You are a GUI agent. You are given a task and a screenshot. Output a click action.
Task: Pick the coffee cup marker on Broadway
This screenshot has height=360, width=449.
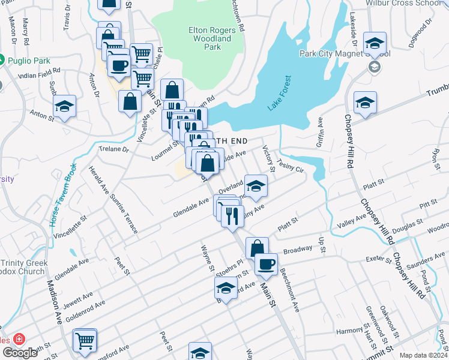click(x=266, y=263)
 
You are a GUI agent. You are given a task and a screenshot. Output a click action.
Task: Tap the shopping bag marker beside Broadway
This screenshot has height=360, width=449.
click(x=257, y=247)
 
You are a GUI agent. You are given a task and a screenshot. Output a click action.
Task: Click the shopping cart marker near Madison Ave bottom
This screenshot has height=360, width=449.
click(x=85, y=340)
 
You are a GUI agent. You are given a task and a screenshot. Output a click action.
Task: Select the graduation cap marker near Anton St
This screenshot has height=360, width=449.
click(x=64, y=106)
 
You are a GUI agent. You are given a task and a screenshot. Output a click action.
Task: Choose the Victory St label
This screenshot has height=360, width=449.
click(x=269, y=157)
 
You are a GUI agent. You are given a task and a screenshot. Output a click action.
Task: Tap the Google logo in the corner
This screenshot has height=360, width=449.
click(x=20, y=352)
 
